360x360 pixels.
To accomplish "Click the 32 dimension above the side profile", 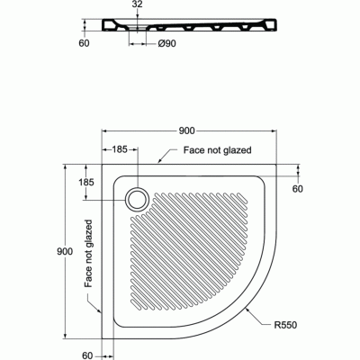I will pos(136,5).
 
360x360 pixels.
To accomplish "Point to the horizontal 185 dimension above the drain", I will pos(120,148).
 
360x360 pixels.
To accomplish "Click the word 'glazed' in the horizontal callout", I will pos(235,149).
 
